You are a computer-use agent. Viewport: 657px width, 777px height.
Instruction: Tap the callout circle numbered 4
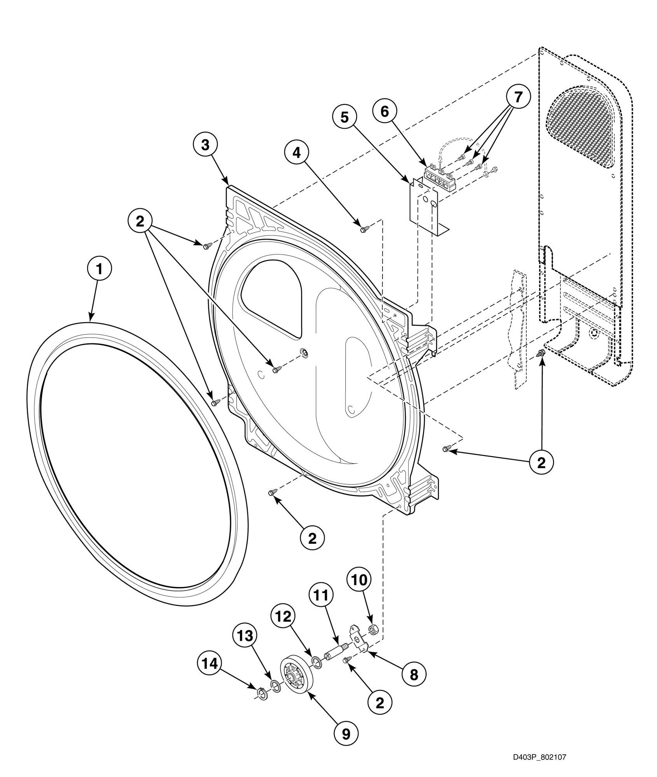point(296,153)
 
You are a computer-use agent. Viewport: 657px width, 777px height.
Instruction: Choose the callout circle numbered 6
point(384,111)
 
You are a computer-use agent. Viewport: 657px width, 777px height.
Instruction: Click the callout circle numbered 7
point(518,98)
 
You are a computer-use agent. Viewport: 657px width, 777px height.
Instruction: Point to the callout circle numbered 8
point(414,675)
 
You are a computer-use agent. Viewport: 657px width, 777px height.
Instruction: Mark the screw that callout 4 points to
point(364,230)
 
